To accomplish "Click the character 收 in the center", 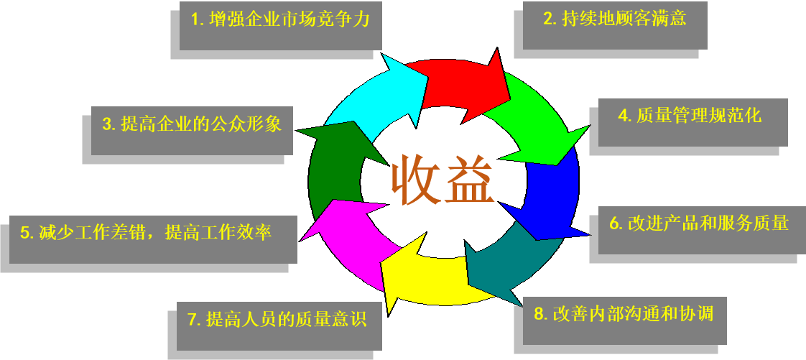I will pos(414,180).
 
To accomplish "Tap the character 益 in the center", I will pos(471,180).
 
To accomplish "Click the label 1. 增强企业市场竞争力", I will pos(280,19).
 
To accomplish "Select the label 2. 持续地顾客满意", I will pos(615,18).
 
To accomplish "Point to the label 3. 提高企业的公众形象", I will pos(192,124).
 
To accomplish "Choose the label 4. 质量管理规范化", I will pos(690,115).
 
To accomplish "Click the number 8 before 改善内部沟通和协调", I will pos(539,314).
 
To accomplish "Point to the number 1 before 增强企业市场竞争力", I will pos(195,20).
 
